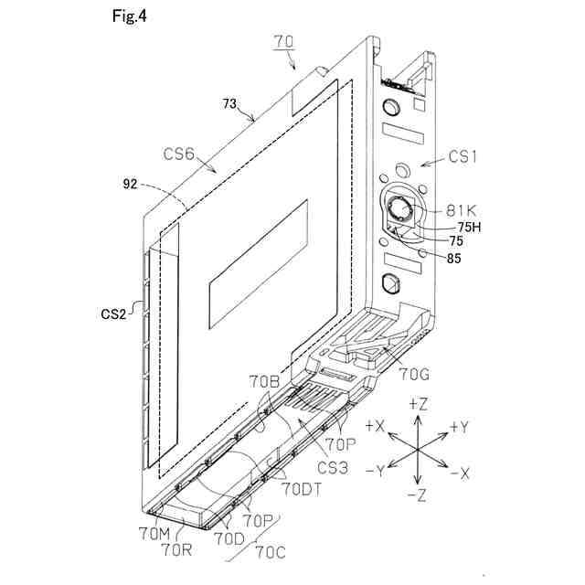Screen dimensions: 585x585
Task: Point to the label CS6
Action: [186, 155]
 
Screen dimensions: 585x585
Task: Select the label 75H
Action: [463, 228]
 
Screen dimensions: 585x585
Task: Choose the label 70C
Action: [272, 550]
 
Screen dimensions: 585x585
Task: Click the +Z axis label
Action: [417, 403]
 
